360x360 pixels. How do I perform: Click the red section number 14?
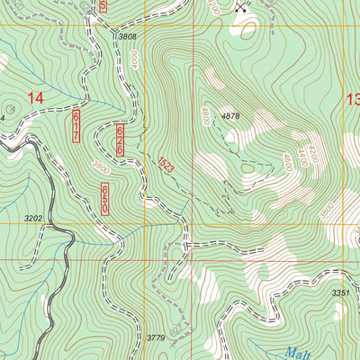35,97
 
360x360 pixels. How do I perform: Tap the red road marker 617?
76,127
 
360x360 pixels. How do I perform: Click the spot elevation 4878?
230,116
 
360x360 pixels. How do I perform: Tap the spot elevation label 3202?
33,219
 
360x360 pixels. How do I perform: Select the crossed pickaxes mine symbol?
240,7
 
